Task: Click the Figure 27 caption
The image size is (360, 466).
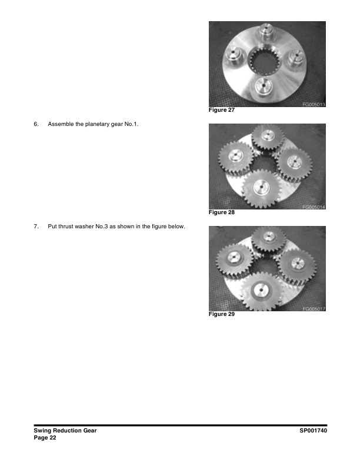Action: tap(222, 110)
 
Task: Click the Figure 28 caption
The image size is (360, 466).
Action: tap(222, 212)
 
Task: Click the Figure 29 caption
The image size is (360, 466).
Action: tap(222, 315)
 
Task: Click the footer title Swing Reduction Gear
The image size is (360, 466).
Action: tap(65, 431)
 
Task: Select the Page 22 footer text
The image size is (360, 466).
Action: tap(45, 438)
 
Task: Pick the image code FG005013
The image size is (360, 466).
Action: tap(314, 104)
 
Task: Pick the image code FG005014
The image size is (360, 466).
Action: tap(314, 207)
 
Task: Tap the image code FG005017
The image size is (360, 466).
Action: tap(314, 309)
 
